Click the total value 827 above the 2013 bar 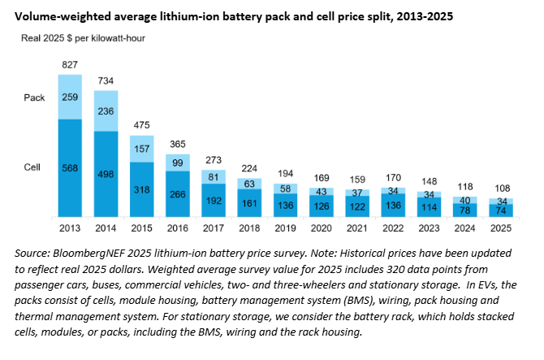tap(70, 63)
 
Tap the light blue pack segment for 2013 tap(70, 97)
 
